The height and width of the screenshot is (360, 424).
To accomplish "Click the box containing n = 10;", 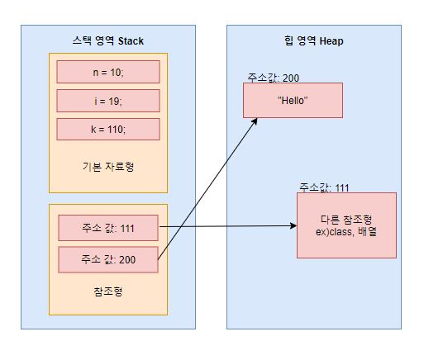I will pos(107,72).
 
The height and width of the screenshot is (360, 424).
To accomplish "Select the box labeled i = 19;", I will pos(107,101).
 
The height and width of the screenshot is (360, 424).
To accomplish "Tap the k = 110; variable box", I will pos(107,130).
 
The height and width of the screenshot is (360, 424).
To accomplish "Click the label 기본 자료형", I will pos(108,166).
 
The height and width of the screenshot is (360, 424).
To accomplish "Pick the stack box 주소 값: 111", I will pos(108,227).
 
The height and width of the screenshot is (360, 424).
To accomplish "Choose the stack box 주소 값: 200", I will pos(108,259).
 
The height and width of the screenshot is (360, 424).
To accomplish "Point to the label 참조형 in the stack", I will pos(108,291).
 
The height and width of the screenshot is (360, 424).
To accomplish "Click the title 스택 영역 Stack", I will pos(107,40).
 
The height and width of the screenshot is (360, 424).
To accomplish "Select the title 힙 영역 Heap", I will pos(314,40).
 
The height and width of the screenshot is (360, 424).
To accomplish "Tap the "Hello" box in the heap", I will pos(293,101).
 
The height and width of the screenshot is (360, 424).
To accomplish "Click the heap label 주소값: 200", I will pos(273,78).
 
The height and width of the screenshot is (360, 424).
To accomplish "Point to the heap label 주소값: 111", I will pos(325,187).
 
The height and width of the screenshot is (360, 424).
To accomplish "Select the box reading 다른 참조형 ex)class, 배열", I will pos(346,225).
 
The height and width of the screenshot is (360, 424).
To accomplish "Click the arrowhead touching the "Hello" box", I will pos(255,121).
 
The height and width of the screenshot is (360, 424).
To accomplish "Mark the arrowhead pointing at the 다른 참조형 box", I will pos(292,226).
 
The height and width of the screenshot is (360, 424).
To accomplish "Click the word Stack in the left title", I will pos(130,40).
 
